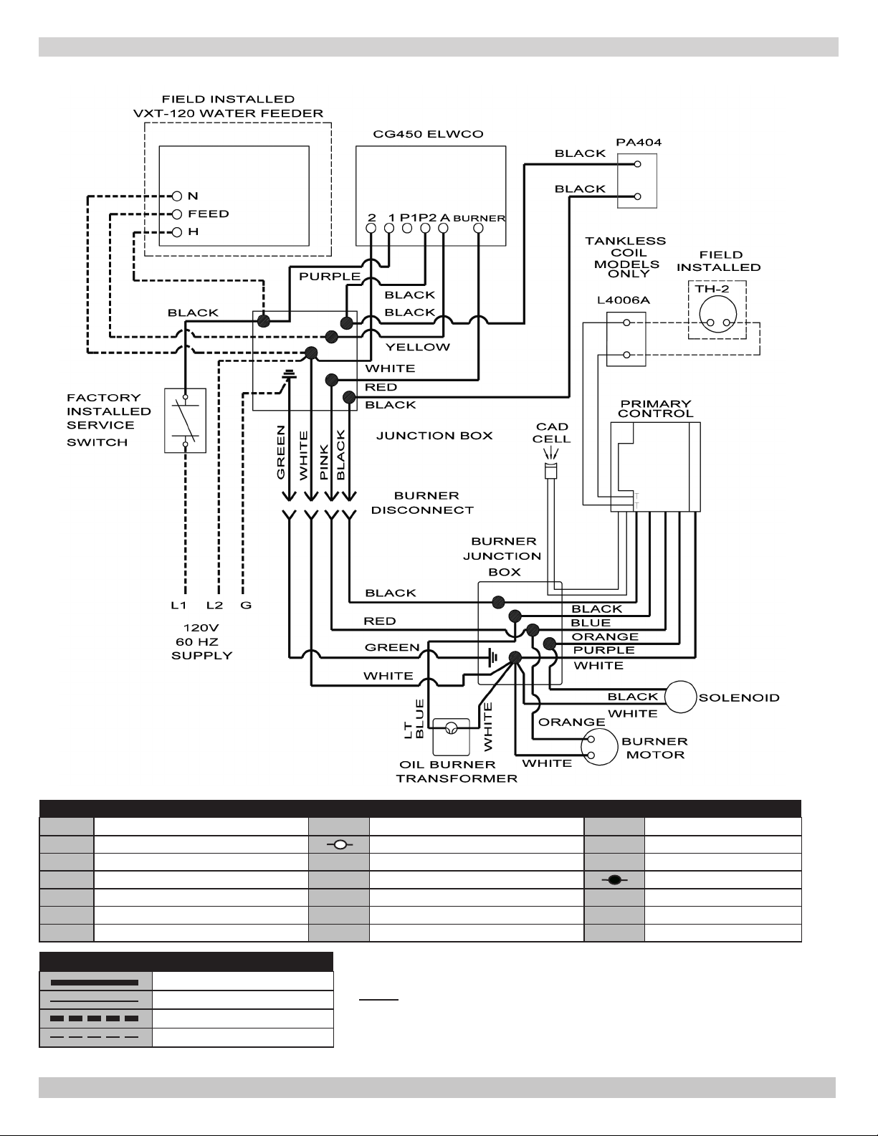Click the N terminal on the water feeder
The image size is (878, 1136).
(176, 196)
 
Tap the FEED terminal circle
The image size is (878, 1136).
(176, 214)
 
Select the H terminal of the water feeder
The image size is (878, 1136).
(176, 232)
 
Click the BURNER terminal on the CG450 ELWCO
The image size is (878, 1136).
(478, 228)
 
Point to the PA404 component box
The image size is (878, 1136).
(637, 181)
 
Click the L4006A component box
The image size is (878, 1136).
(626, 339)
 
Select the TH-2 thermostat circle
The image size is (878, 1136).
(717, 315)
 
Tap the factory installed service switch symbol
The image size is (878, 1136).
(185, 420)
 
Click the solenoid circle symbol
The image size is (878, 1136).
(680, 697)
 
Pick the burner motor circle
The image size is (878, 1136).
(599, 747)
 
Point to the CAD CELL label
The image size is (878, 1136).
(551, 433)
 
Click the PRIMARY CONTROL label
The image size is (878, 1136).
(655, 409)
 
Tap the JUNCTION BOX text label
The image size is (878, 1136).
(434, 436)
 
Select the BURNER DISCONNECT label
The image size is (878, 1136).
(422, 502)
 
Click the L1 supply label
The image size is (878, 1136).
(178, 605)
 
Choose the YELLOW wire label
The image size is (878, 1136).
(418, 347)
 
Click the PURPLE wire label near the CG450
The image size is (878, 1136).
(330, 276)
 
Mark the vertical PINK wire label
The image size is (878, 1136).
(324, 462)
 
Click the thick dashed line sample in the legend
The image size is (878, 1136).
(95, 1018)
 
